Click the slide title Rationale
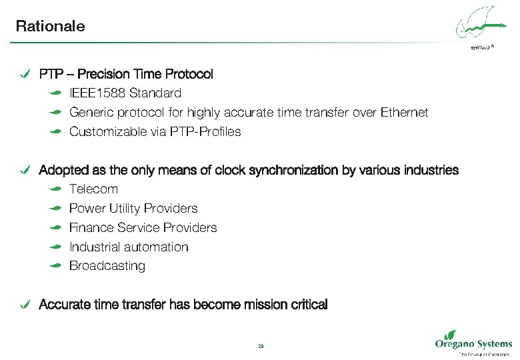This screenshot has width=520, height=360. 50,27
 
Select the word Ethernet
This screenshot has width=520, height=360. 404,113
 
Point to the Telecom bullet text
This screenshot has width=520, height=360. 93,189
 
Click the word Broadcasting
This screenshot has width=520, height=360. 107,266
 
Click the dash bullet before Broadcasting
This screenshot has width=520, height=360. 57,266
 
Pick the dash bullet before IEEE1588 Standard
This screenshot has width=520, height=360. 57,93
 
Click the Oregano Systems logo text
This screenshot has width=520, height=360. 473,344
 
